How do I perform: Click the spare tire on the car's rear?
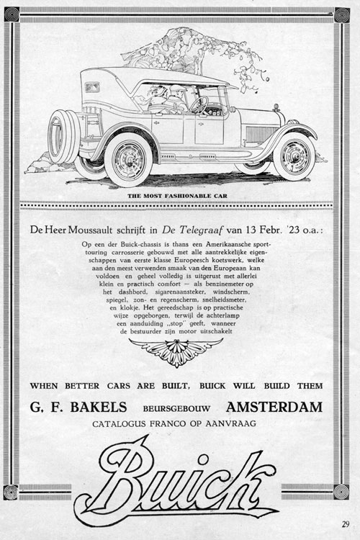(63, 136)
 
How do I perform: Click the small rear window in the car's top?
(93, 87)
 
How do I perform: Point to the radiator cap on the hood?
(276, 107)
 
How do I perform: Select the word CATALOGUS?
(122, 424)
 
